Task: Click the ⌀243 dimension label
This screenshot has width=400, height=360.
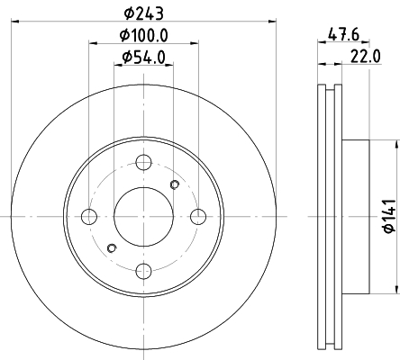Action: (x=144, y=13)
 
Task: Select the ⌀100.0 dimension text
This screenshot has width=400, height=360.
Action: (x=144, y=35)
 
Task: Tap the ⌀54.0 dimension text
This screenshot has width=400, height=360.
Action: (x=144, y=58)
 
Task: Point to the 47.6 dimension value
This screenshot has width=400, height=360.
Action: (x=343, y=34)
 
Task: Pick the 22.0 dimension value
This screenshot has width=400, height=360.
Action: (x=366, y=57)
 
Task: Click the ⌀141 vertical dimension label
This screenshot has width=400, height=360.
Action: (x=390, y=216)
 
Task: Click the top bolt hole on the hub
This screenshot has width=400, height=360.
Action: (x=143, y=162)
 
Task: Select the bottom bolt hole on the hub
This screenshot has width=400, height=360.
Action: (x=143, y=271)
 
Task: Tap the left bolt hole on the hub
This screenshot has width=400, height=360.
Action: (x=89, y=217)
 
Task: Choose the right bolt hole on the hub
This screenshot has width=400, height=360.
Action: (x=198, y=217)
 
